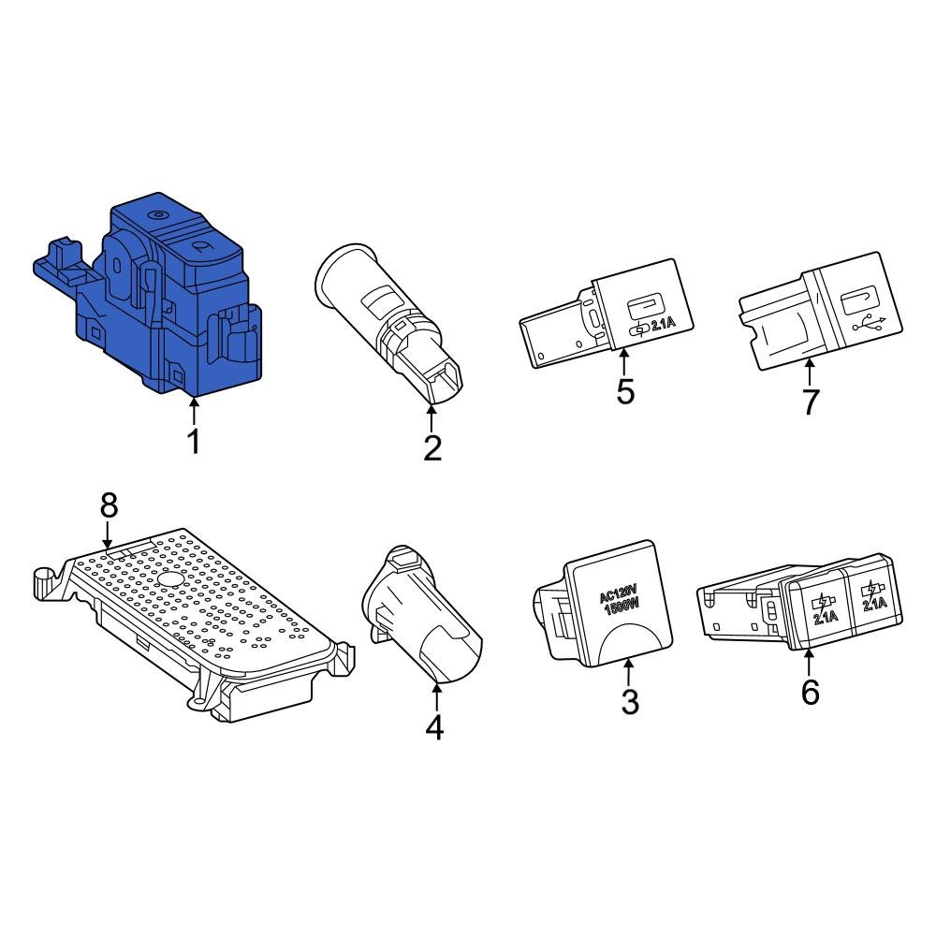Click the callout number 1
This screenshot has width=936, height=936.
(194, 441)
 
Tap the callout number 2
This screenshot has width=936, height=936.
(431, 447)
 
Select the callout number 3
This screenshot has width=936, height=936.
(630, 700)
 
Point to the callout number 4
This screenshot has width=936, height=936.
(434, 727)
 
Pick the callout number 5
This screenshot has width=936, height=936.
(625, 391)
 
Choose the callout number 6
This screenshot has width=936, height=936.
(810, 693)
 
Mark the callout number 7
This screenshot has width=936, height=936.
(810, 401)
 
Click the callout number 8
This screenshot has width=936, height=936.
(110, 506)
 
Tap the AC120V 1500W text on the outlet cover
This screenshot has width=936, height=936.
(618, 598)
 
